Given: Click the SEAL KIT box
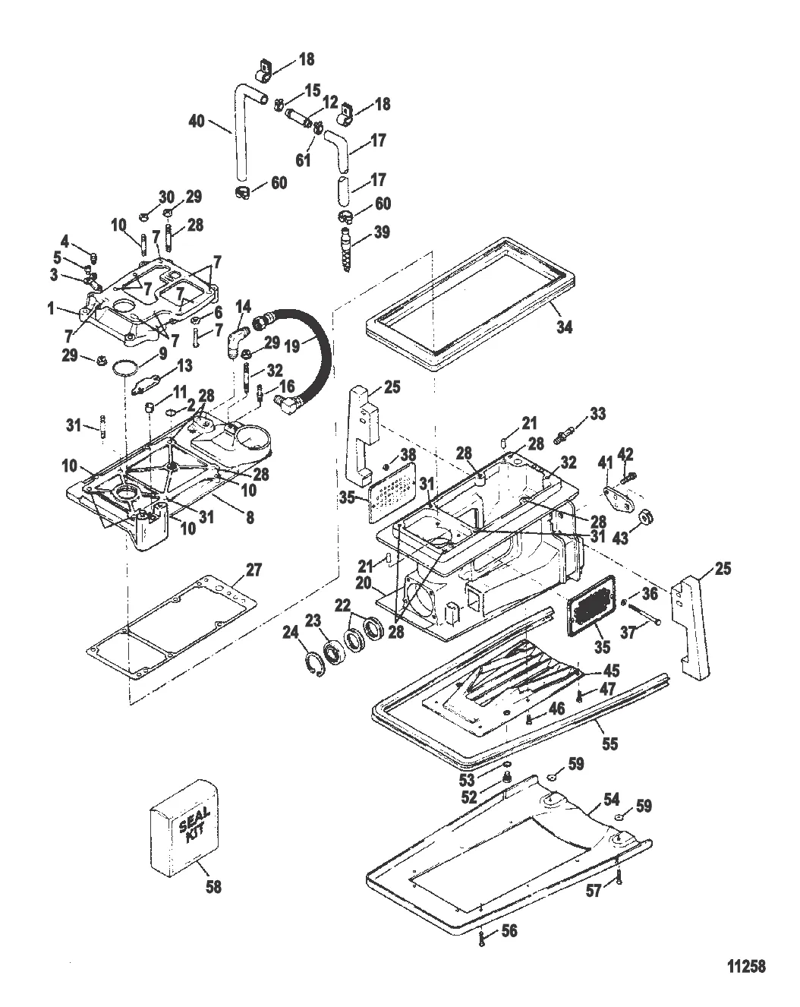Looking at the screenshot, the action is coord(184,828).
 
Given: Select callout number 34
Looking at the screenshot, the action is coord(564,327).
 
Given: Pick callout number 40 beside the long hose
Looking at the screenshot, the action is coord(197,122).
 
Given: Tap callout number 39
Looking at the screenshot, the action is coord(382,232).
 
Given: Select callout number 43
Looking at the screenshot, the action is coord(620,538).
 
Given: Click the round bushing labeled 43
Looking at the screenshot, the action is coord(646,518).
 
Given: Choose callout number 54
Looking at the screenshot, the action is coord(611,799).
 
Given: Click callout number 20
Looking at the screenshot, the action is coord(364,583).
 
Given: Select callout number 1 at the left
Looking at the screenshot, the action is coord(51,308).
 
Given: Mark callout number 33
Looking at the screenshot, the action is coord(597,414).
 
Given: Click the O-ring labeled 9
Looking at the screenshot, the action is coord(125,367).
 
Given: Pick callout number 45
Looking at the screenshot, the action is coord(611,670).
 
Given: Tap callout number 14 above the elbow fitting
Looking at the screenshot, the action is coord(243,307).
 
